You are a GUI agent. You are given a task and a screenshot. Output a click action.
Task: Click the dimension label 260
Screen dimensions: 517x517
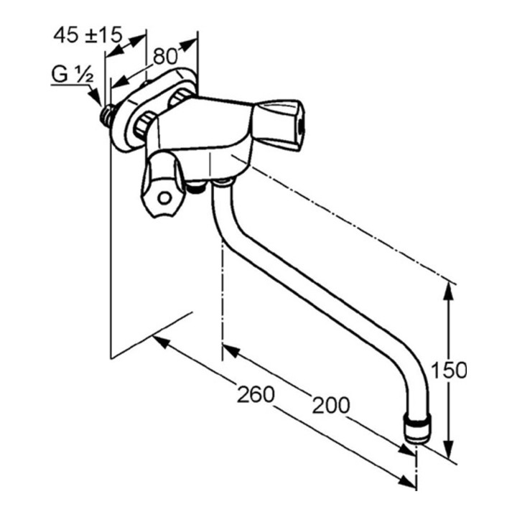(x=256, y=394)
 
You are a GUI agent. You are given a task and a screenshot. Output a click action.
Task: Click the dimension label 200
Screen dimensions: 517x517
(x=331, y=405)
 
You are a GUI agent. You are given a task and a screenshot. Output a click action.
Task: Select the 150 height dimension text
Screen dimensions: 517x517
(x=449, y=371)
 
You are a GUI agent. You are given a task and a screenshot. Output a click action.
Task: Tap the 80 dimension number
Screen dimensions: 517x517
(x=166, y=56)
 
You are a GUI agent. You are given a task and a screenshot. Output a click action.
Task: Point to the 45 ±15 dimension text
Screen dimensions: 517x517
(x=88, y=34)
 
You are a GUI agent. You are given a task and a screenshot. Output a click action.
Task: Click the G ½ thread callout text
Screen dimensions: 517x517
(x=73, y=75)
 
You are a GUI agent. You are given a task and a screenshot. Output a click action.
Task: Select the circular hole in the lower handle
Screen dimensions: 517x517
(x=164, y=198)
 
